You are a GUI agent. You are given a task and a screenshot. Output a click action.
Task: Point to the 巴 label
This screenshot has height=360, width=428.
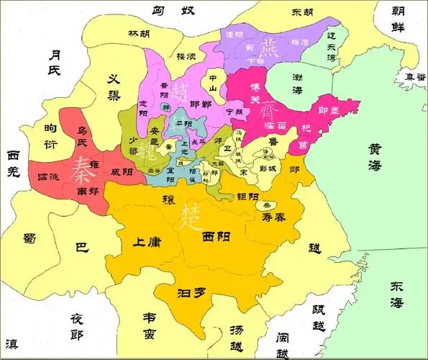81,248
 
